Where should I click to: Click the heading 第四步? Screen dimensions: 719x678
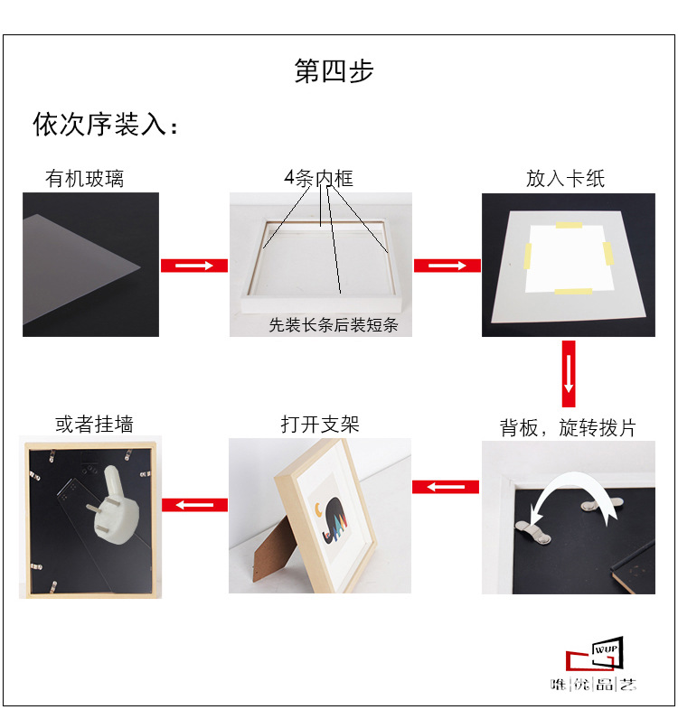(334, 71)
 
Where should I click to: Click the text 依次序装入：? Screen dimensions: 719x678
(106, 125)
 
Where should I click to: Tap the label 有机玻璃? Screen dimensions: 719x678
(84, 179)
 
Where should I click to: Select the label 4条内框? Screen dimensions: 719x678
(317, 179)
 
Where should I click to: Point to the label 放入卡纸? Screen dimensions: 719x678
(565, 179)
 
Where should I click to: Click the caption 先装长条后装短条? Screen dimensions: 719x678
(333, 325)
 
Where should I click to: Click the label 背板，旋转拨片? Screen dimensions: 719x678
(567, 427)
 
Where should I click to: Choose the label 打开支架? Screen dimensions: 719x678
(319, 424)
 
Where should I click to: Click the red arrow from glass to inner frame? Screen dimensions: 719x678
(193, 265)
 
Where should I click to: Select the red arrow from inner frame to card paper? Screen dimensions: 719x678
(447, 265)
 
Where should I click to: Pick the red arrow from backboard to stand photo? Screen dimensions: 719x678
(445, 487)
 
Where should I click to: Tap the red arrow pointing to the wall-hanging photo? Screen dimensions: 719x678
(193, 503)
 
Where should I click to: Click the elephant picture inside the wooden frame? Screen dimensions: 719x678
(332, 521)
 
